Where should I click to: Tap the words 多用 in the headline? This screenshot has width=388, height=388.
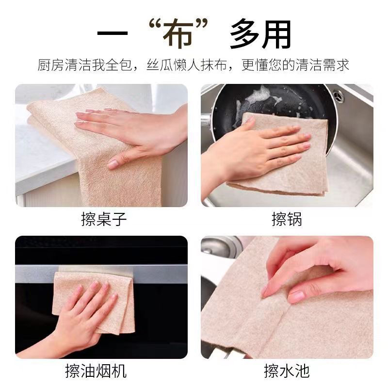260,35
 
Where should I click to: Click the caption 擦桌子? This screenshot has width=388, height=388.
104,219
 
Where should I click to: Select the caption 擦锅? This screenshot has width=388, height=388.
287,219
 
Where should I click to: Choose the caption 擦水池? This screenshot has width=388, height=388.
287,372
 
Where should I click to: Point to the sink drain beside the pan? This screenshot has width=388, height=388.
338,96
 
